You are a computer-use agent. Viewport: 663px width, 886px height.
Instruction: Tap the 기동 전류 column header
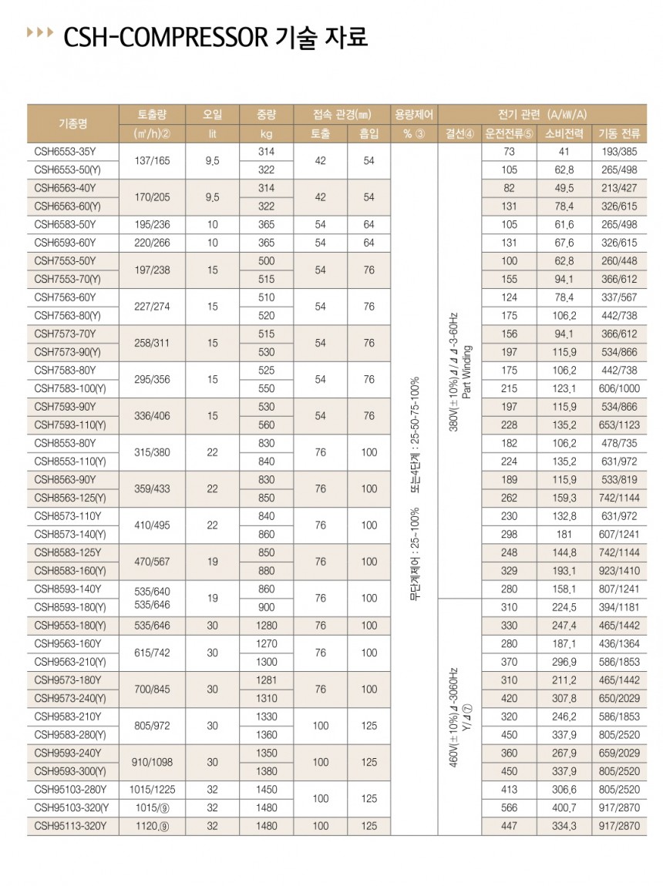pos(618,133)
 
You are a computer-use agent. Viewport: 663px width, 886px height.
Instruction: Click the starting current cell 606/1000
pos(618,388)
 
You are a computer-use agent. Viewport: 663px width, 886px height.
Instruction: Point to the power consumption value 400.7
pos(564,807)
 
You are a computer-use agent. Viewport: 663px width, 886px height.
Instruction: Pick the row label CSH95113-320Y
pos(71,826)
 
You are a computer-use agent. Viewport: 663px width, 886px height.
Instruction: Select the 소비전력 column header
pos(564,133)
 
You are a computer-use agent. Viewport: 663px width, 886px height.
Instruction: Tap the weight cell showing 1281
pos(266,680)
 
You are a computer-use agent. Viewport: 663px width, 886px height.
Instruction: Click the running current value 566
pos(508,807)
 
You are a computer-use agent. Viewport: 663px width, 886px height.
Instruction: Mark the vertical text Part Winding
pos(467,378)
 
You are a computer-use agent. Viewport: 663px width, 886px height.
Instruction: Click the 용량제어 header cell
pos(414,115)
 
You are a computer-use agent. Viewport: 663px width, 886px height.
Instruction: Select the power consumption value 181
pos(564,534)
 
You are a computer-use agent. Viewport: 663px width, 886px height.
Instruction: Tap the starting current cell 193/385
pos(618,152)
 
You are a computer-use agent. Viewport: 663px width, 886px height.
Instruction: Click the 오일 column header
pos(213,115)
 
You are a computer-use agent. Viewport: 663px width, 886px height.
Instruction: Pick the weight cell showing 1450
pos(266,789)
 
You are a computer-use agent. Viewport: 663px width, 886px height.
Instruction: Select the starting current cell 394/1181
pos(618,606)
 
